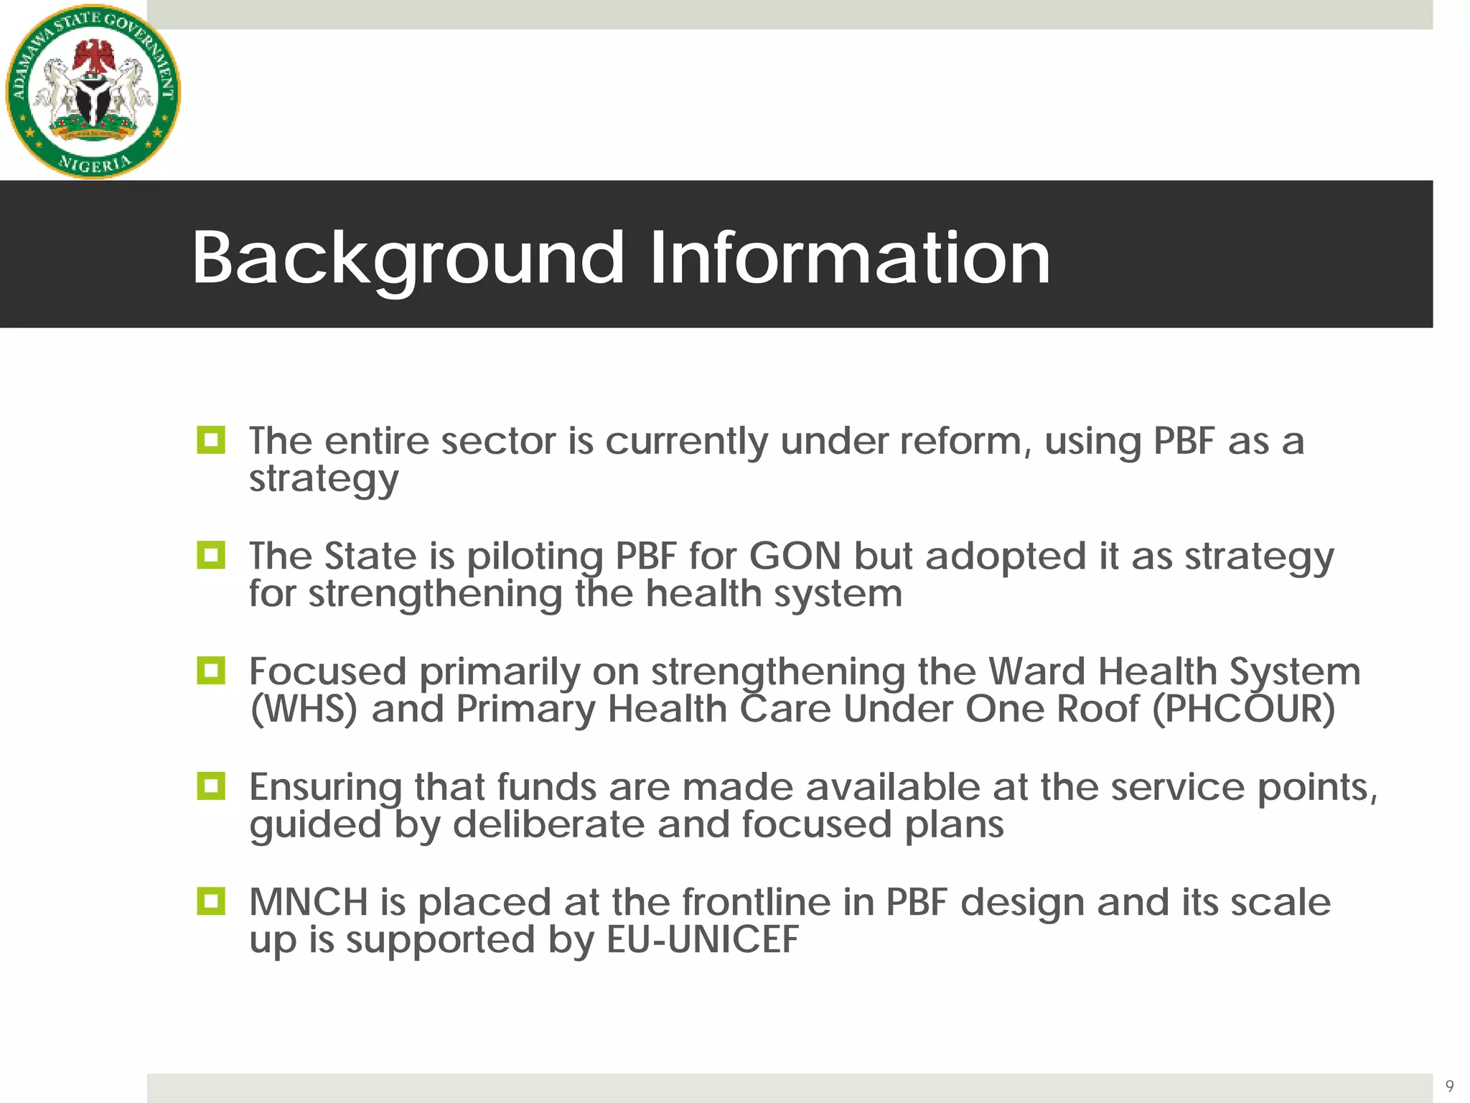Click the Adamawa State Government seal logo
[x=93, y=91]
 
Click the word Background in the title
[x=407, y=258]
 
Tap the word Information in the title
[x=850, y=258]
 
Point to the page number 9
[x=1449, y=1086]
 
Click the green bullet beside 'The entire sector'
[x=211, y=439]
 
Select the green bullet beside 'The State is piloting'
[x=211, y=555]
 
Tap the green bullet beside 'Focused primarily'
[x=211, y=671]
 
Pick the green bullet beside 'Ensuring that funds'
[x=211, y=786]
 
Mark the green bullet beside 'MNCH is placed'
[x=211, y=901]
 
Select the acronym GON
[x=795, y=557]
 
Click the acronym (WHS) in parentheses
[x=303, y=709]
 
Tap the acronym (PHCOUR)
[x=1243, y=709]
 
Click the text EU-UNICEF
[x=702, y=940]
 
